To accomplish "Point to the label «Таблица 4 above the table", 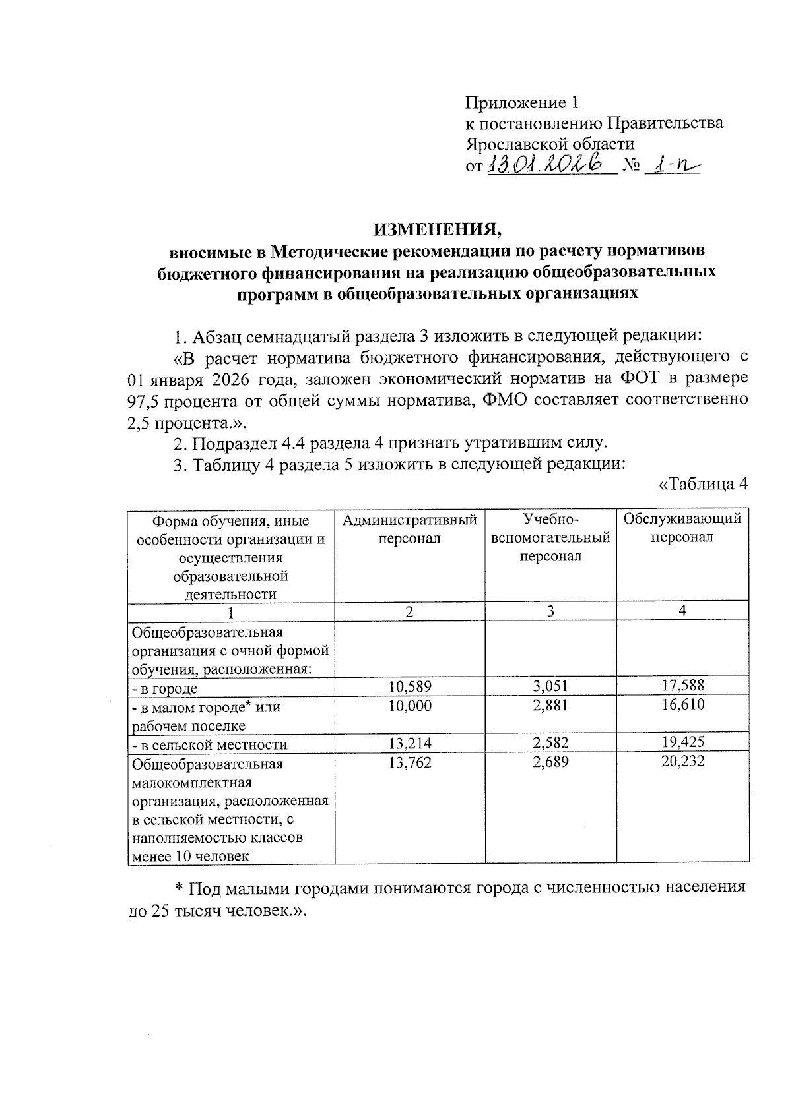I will (704, 485).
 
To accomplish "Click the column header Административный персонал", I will (409, 529).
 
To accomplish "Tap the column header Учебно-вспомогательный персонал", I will (551, 537).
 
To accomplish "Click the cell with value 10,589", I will (410, 686).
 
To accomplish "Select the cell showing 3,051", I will (550, 686).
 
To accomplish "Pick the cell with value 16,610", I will (683, 705).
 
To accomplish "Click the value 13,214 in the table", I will (410, 743).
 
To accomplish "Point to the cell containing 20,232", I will (683, 762).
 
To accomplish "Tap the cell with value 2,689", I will (550, 762).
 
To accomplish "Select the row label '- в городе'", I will (164, 689).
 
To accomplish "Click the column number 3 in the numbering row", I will (550, 611).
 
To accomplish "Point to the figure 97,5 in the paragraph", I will (143, 400).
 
